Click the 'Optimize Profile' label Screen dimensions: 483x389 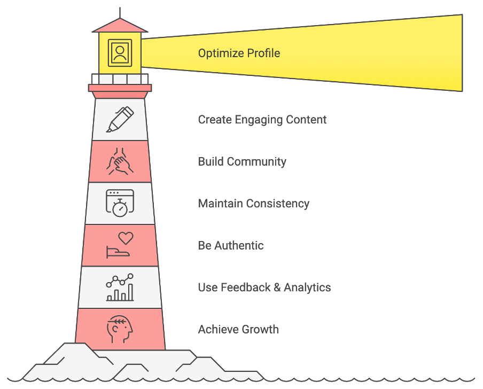pos(239,53)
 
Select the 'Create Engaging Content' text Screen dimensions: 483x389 pos(262,120)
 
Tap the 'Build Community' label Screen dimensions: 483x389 pos(242,162)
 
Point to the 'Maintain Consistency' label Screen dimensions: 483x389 pos(253,204)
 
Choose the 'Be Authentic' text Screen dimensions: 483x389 pos(231,245)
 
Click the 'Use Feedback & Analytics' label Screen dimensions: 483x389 pos(264,287)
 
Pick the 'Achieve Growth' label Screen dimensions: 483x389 pos(238,329)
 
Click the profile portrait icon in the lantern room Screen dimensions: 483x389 pos(120,53)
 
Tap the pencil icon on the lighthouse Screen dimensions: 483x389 pos(120,120)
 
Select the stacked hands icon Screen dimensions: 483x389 pos(120,161)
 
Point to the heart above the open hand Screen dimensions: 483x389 pos(126,238)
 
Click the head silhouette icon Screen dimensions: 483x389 pos(120,329)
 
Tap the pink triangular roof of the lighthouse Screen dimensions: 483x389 pos(120,26)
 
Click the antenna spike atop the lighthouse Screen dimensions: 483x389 pos(120,13)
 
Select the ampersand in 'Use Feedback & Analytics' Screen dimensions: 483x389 pos(277,287)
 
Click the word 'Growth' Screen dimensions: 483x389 pos(260,329)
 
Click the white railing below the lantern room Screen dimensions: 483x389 pos(120,79)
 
